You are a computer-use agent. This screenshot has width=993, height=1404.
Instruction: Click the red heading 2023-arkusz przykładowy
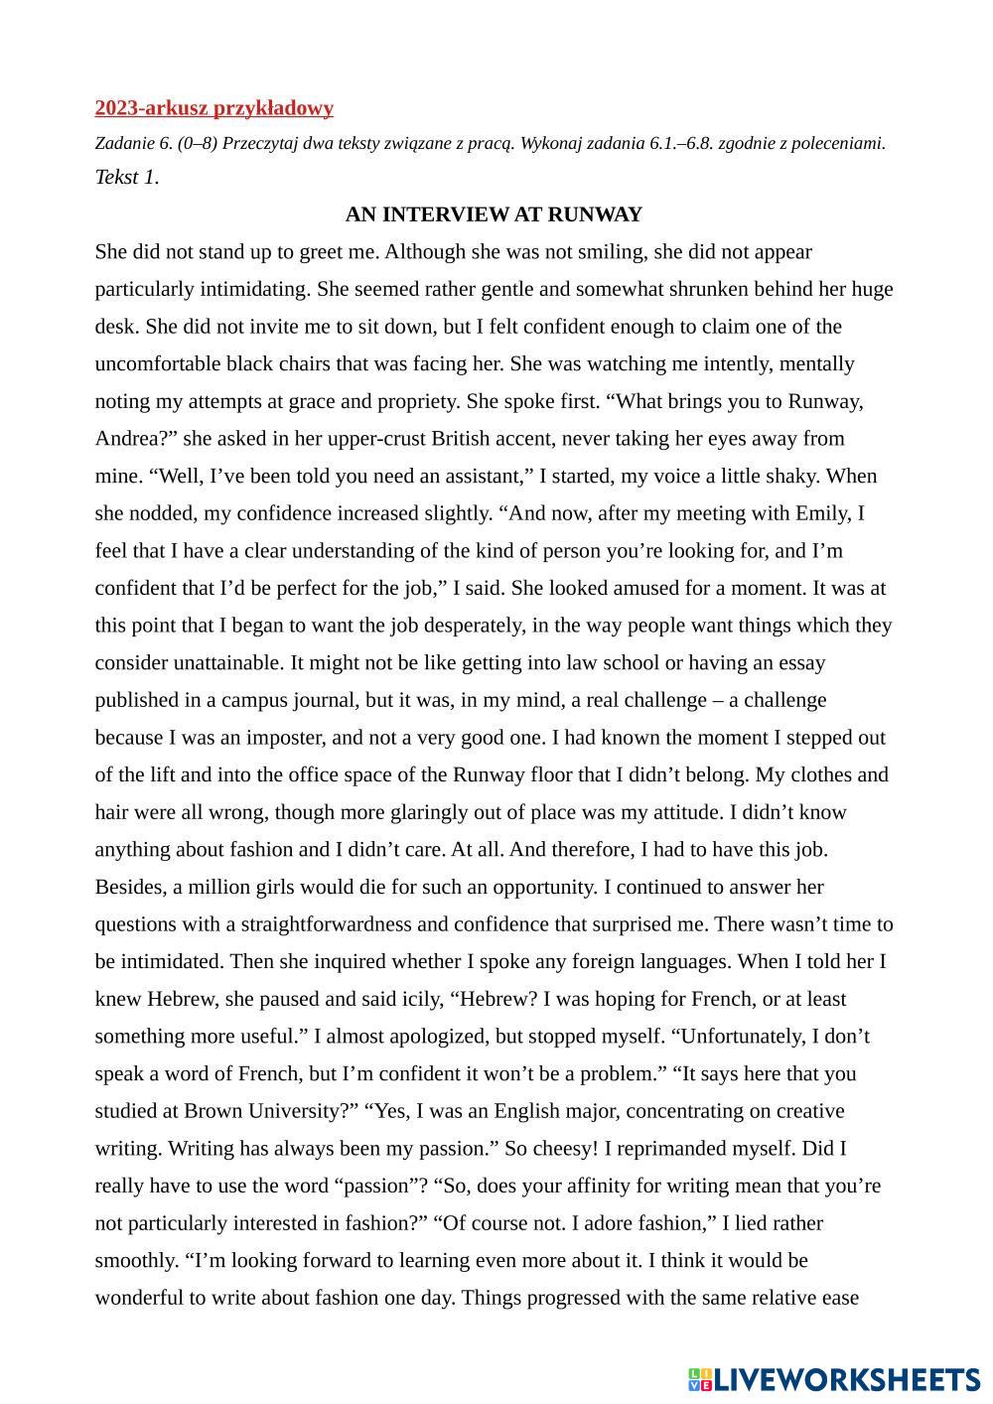(x=213, y=108)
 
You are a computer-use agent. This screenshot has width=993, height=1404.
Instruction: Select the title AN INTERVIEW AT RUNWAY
(x=494, y=214)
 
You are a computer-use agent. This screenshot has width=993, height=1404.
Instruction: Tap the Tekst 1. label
(x=126, y=178)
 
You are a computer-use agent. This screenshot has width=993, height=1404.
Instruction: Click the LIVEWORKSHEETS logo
(x=833, y=1379)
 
